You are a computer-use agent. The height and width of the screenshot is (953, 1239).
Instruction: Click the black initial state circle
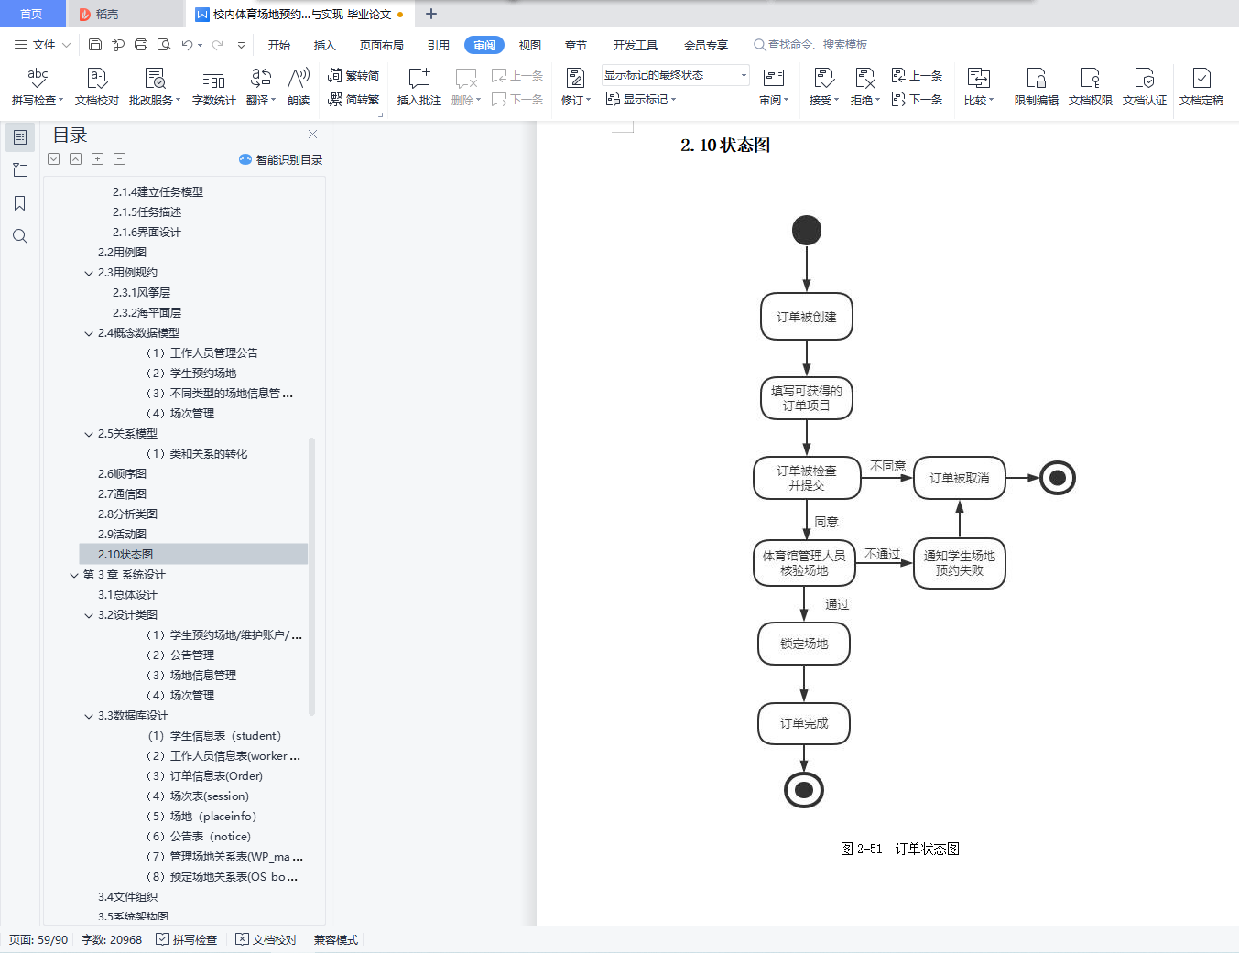[x=806, y=231]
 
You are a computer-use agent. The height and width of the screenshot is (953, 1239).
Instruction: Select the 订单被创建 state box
[x=806, y=317]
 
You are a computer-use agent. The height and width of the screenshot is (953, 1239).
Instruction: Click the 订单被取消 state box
[x=959, y=478]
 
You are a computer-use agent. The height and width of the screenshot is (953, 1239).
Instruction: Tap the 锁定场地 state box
[x=804, y=644]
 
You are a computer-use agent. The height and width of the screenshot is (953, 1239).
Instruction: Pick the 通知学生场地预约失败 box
[x=959, y=563]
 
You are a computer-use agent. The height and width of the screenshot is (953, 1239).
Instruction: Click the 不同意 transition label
[x=887, y=466]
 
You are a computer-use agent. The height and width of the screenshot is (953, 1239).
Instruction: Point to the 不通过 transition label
[x=882, y=554]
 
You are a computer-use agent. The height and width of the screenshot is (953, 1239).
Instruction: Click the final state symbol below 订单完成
[x=804, y=790]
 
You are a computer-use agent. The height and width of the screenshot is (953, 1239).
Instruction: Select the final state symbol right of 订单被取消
[x=1057, y=478]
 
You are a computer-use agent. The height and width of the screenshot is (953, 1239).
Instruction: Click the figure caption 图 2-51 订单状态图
[x=900, y=849]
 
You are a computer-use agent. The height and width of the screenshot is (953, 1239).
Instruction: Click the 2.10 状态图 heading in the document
[x=724, y=145]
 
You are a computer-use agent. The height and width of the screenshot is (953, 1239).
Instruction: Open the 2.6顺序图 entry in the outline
[x=122, y=473]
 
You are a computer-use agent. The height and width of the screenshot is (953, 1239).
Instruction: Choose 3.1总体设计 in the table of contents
[x=127, y=594]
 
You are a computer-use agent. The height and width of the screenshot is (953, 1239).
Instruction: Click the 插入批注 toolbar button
[x=419, y=87]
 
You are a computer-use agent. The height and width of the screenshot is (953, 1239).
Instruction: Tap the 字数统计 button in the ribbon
[x=213, y=87]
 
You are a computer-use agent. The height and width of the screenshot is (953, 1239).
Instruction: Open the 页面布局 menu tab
[x=382, y=45]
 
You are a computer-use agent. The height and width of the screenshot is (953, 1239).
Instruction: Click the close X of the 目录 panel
[x=312, y=135]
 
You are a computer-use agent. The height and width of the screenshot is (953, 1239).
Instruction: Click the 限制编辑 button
[x=1036, y=87]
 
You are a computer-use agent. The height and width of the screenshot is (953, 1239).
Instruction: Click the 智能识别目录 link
[x=280, y=159]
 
